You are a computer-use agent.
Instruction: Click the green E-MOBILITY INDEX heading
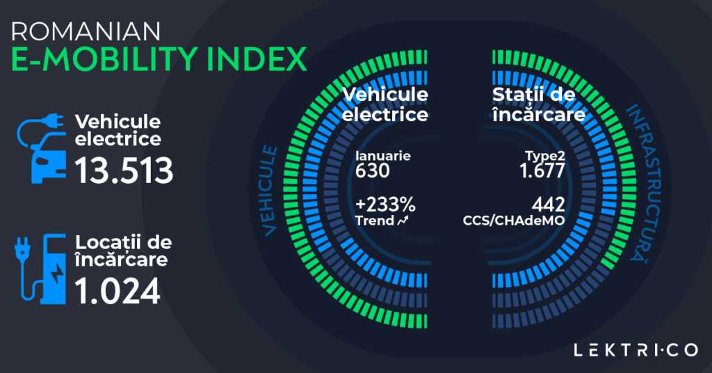159,61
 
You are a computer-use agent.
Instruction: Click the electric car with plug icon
42,150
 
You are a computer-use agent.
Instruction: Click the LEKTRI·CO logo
636,350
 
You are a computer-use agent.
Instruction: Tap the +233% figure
385,205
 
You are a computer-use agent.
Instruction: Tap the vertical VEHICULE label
270,188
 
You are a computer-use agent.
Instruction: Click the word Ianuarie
383,157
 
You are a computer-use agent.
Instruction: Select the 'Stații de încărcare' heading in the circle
537,104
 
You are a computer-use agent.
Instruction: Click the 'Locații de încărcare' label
123,251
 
